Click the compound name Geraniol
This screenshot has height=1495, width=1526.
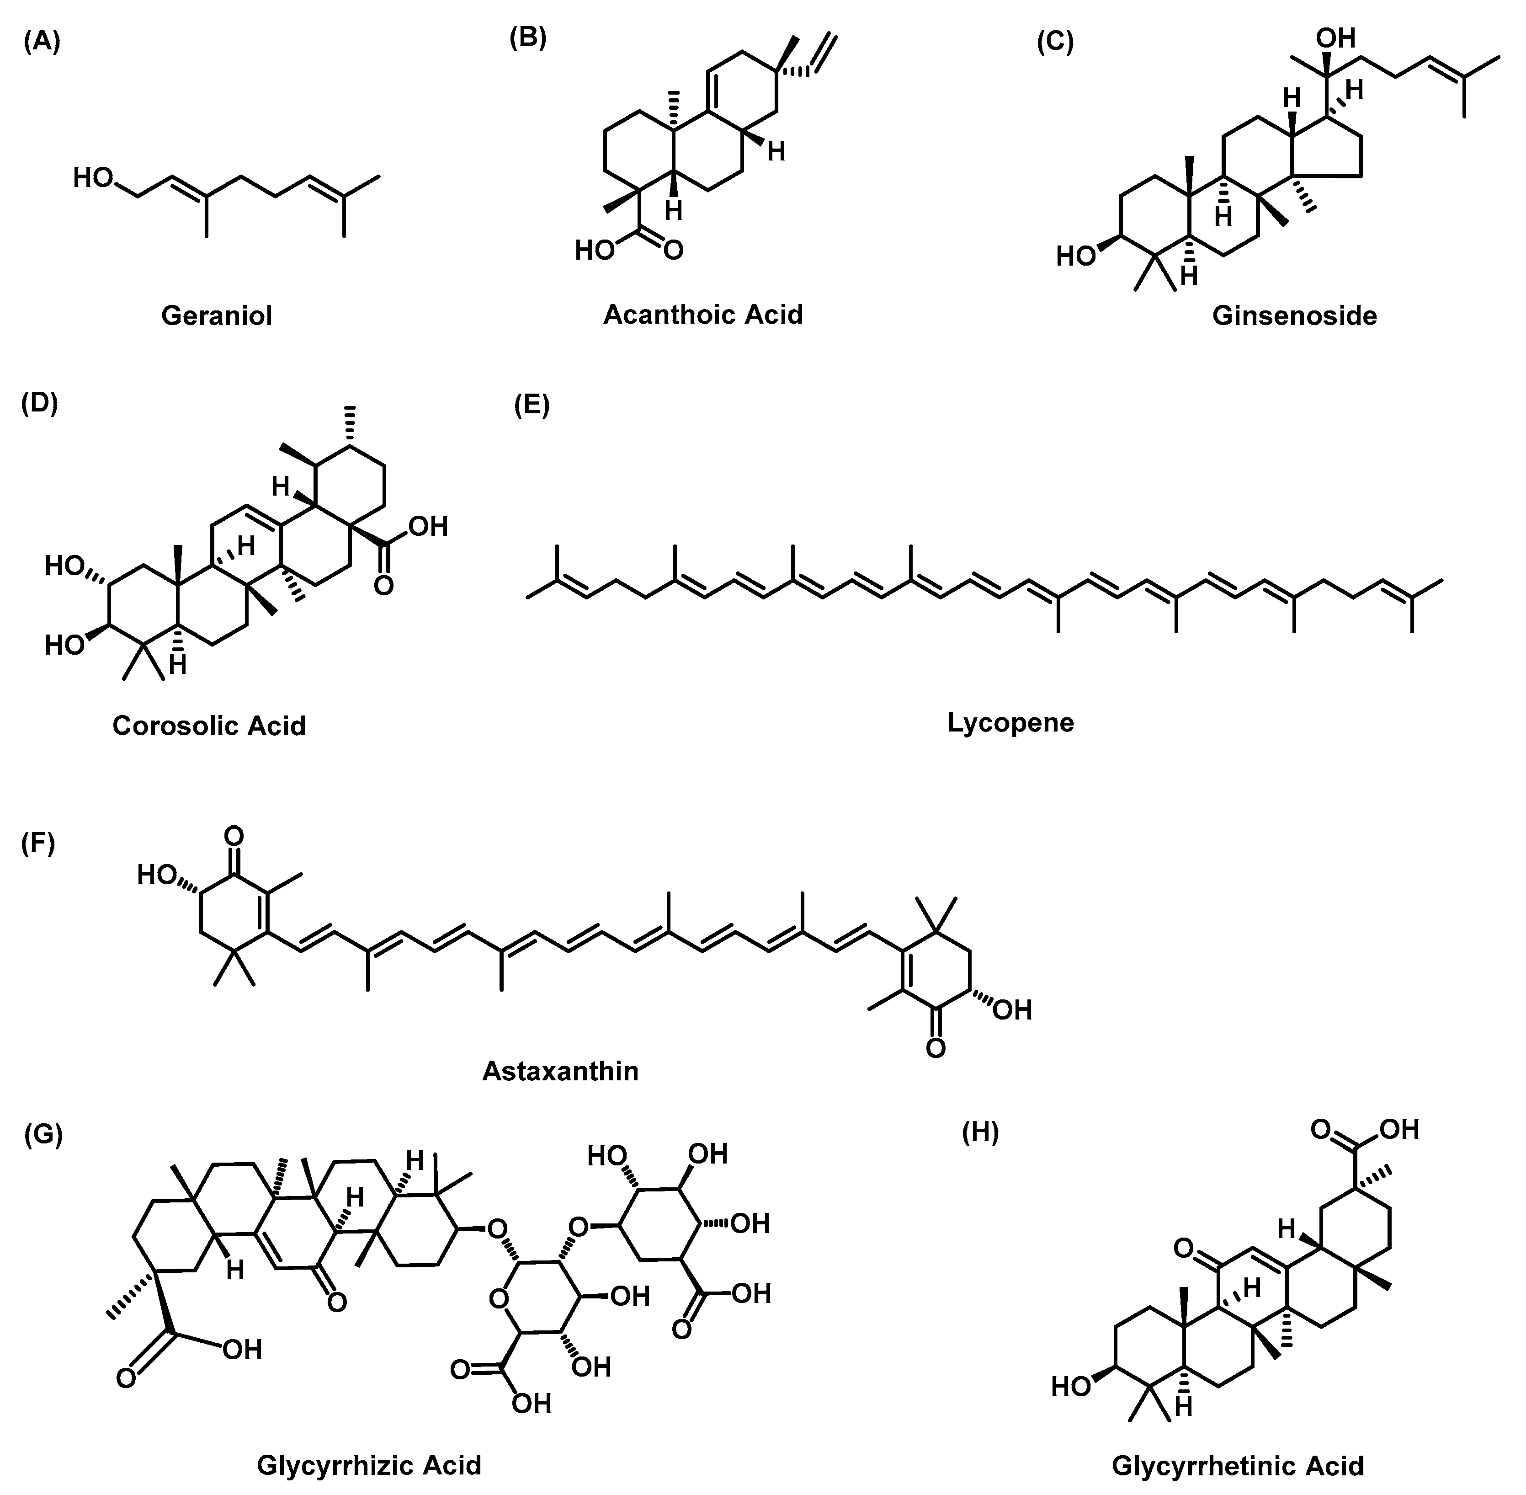coord(217,315)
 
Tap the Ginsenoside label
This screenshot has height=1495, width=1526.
coord(1294,315)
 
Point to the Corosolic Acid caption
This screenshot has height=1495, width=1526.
coord(209,726)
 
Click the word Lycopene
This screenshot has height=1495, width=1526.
coord(1010,722)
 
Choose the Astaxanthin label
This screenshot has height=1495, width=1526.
coord(560,1071)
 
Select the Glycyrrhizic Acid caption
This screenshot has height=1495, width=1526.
coord(369,1465)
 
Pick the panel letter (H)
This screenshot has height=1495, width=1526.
coord(980,1134)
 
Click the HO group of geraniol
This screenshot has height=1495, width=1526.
coord(93,178)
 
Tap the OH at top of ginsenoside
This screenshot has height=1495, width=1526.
coord(1335,37)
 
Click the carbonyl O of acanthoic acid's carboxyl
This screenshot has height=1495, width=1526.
coord(673,251)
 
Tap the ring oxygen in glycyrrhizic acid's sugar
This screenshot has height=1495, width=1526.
coord(498,1299)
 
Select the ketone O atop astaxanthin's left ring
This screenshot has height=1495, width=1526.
coord(233,835)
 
